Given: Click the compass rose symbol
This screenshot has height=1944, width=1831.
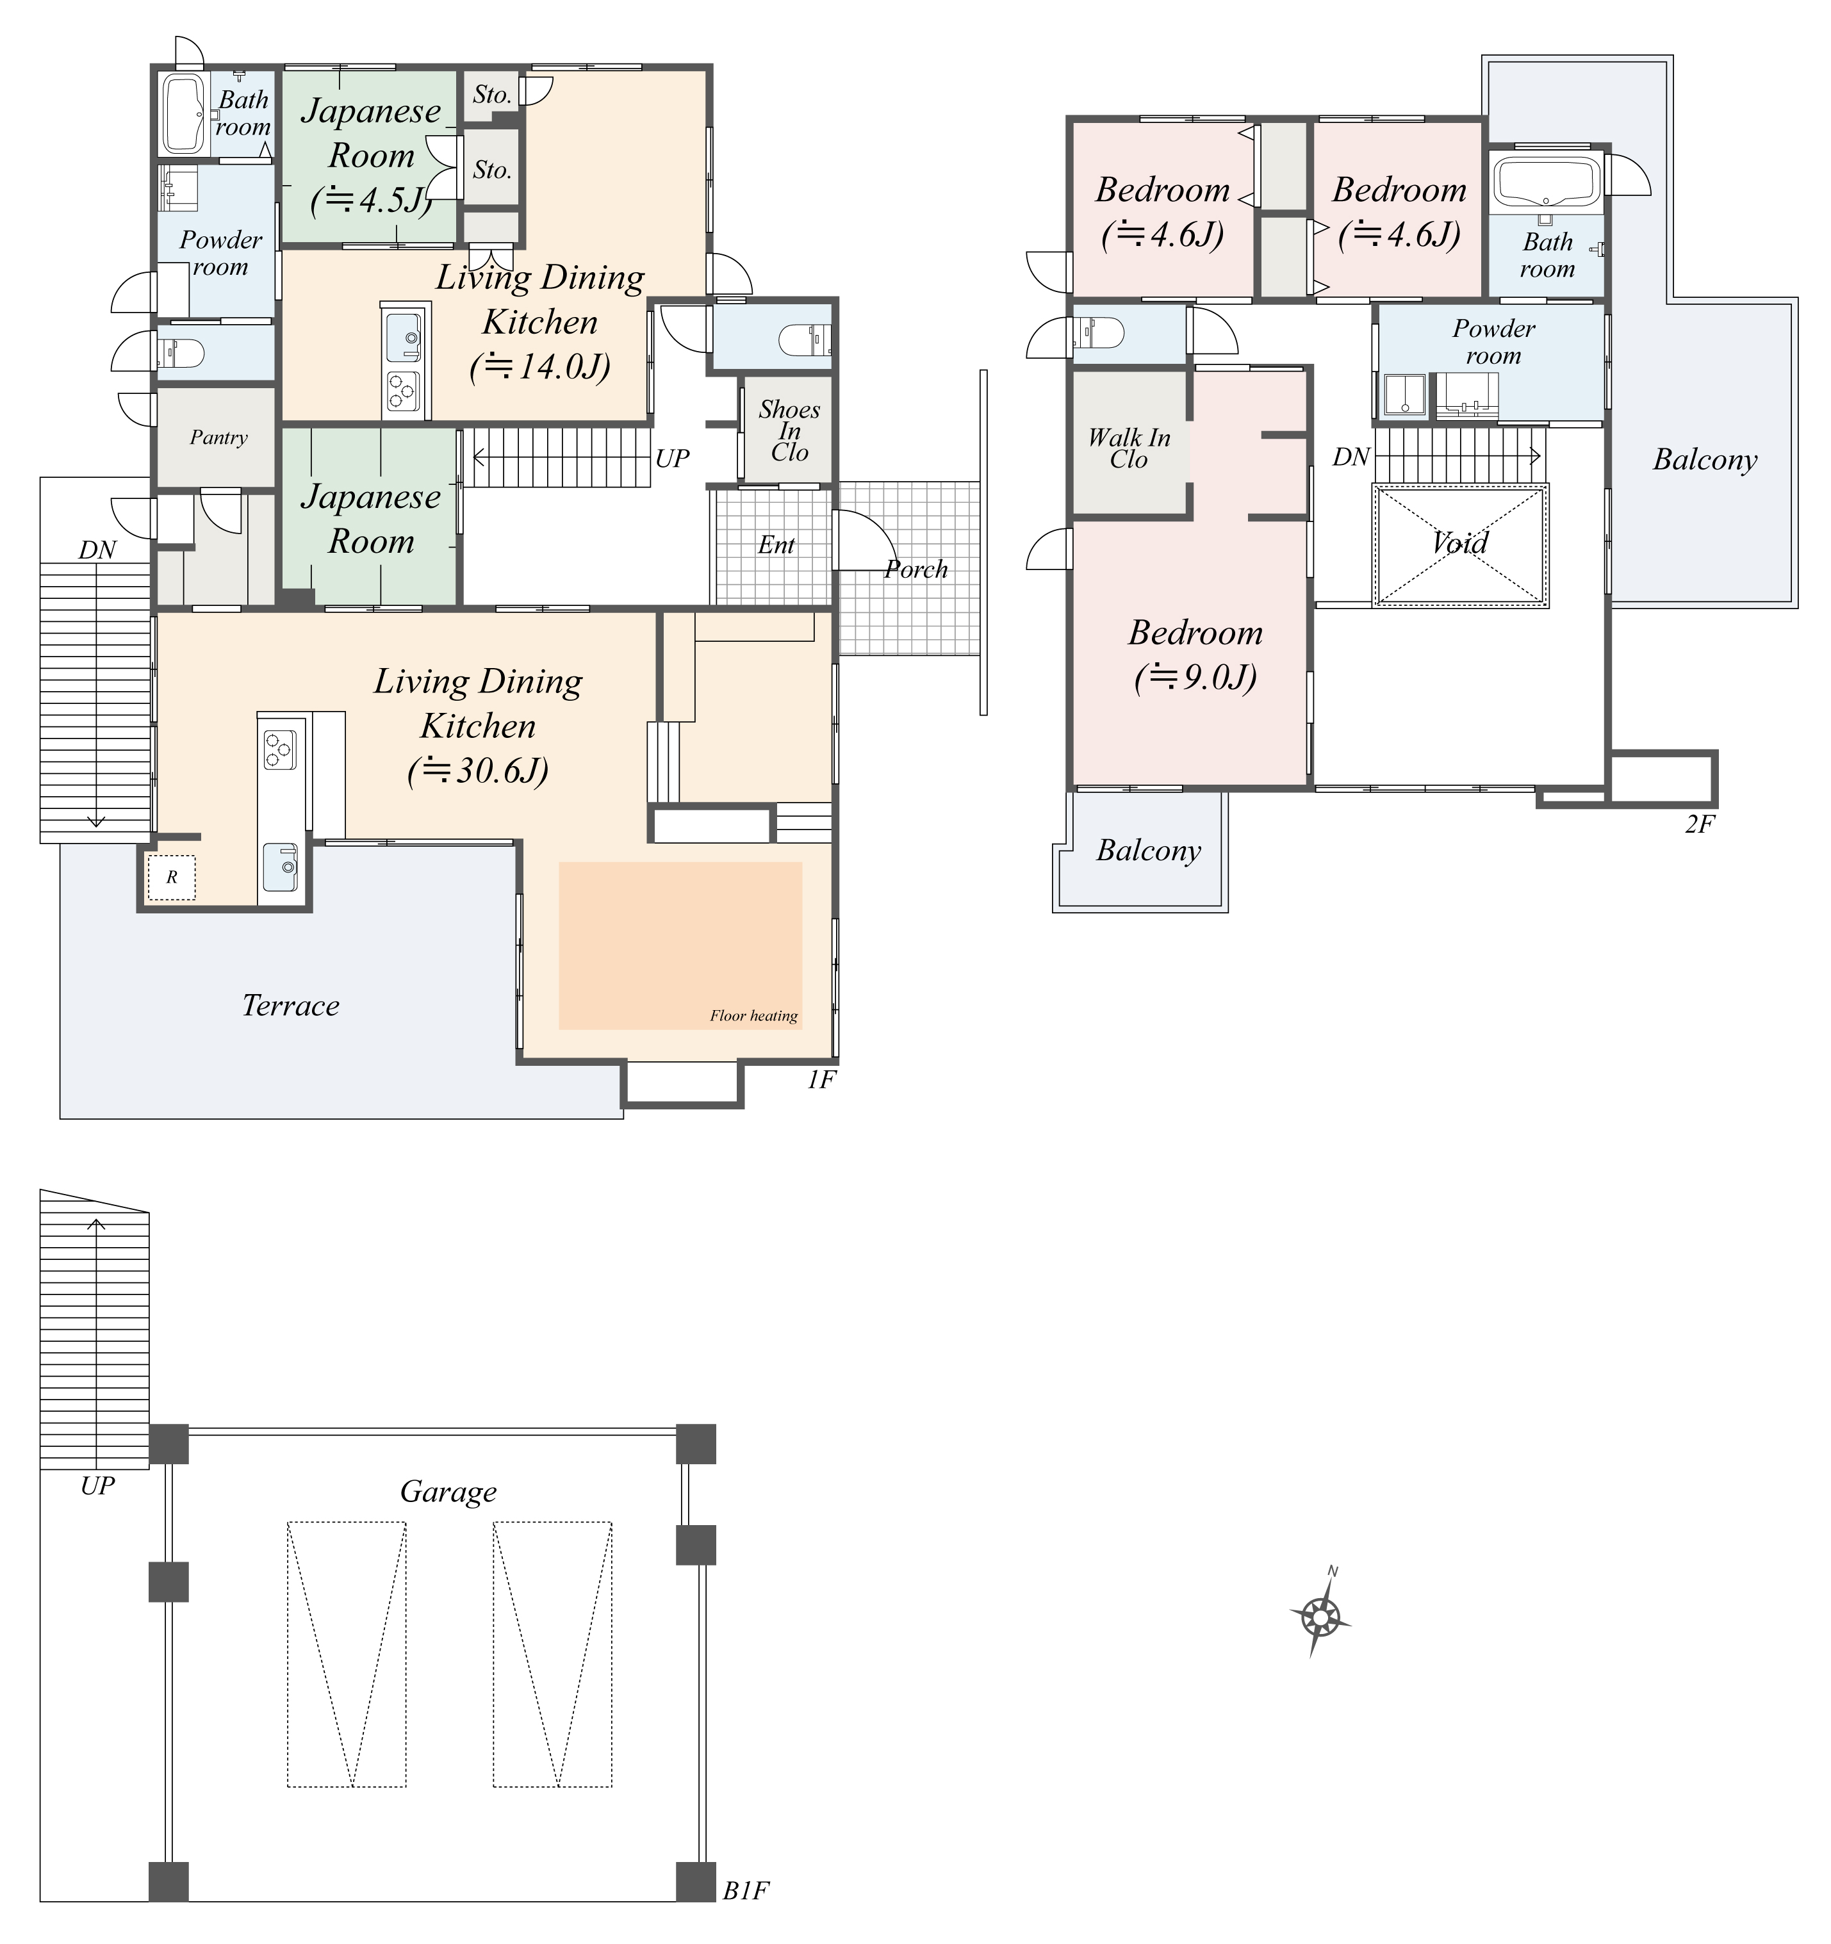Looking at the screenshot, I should point(1320,1619).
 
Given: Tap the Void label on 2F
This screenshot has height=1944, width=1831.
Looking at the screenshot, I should point(1459,543).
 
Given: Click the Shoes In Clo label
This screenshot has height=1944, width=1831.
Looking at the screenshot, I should point(789,430).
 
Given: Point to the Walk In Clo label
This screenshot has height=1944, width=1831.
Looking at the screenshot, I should point(1129,448).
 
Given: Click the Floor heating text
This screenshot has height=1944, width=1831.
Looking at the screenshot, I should point(753,1015).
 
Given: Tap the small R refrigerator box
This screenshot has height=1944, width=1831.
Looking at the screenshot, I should point(171,877).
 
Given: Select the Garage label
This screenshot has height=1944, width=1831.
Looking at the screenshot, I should point(448,1491).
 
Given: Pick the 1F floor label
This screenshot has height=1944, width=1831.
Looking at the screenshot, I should point(821,1079).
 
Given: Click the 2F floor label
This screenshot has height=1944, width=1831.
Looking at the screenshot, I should point(1700,824).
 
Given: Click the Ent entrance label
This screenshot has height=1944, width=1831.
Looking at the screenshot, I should point(776,544).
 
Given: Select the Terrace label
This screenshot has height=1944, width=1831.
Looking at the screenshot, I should point(290,1005).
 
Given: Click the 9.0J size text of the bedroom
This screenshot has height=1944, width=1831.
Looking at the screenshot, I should point(1195,676).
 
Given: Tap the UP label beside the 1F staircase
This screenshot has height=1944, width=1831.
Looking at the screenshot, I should point(672,457).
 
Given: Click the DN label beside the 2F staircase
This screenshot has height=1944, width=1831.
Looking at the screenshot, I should point(1351,457).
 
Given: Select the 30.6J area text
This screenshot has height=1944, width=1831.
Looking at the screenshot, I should point(477,771).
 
